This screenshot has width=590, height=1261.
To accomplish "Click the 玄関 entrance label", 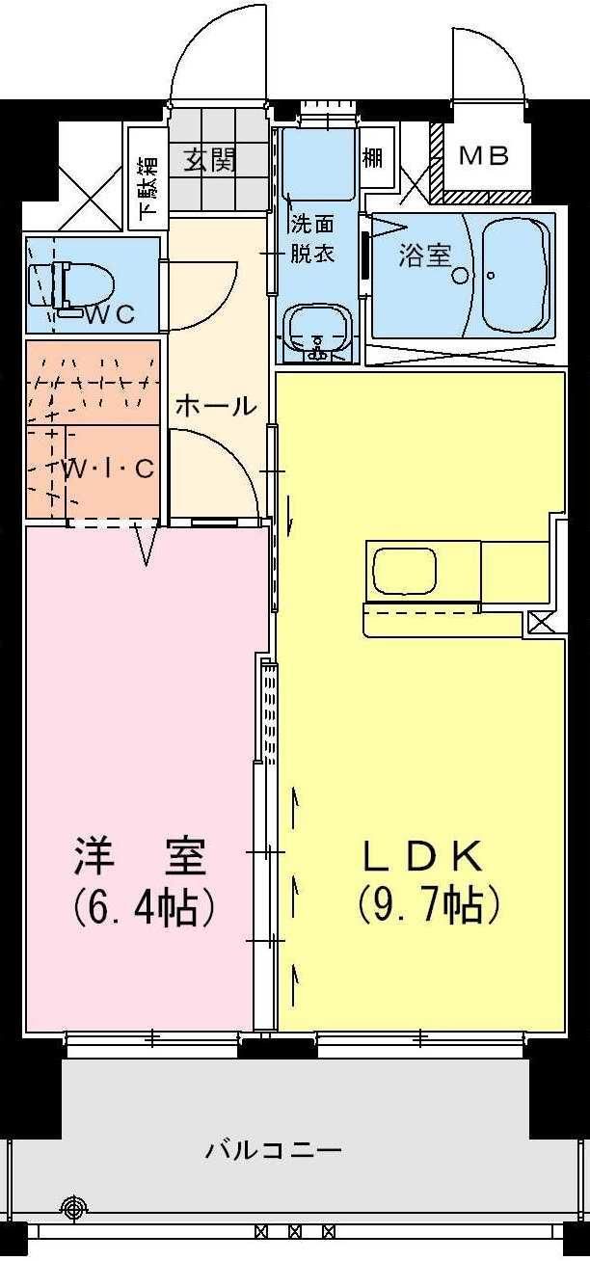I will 210,159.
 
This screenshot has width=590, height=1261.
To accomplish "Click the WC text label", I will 109,314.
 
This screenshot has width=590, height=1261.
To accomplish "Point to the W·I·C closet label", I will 108,470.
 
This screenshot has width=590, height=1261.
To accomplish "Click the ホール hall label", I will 216,406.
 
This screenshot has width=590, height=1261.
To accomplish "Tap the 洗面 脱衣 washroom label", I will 312,240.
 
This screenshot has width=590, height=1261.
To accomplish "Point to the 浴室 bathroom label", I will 425,256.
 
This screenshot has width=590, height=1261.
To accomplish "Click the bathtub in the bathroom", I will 515,274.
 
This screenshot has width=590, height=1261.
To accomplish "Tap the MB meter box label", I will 481,156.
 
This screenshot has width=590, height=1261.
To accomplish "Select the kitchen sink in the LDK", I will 404,571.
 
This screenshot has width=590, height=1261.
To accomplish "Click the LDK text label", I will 421,855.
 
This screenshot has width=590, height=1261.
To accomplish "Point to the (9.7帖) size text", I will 427,905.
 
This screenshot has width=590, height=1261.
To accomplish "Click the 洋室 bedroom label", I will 141,855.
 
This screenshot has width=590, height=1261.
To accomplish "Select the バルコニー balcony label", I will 274,1150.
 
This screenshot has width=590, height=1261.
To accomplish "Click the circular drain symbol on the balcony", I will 74,1206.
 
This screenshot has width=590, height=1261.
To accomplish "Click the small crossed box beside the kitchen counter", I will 541,623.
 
